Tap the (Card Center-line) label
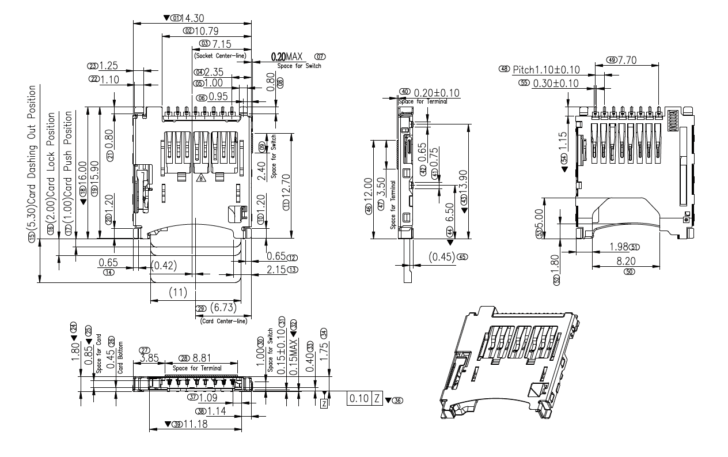[224, 321]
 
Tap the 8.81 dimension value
[203, 358]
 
